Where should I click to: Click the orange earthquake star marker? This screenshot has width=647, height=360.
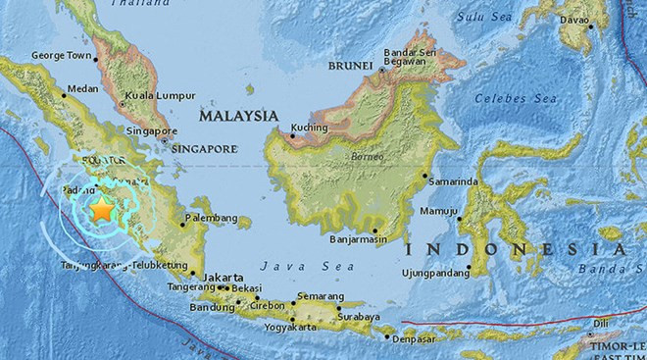point(101,208)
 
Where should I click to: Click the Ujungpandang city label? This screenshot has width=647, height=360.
point(437,268)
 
